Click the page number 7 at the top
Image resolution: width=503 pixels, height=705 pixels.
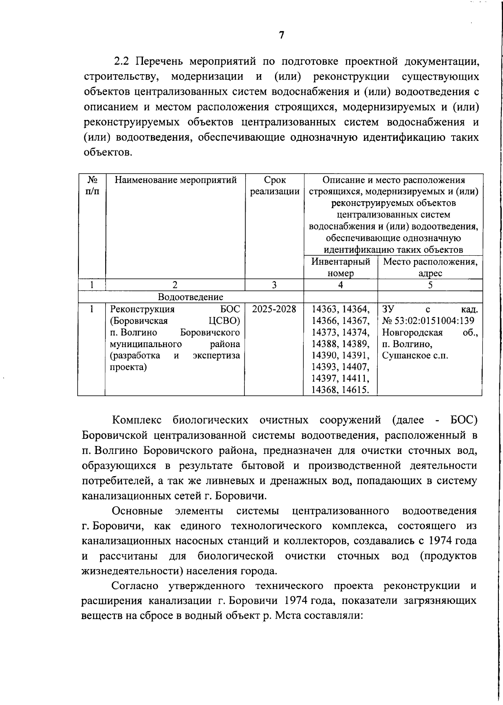[281, 35]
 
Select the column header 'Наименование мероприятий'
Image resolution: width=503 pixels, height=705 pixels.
[175, 180]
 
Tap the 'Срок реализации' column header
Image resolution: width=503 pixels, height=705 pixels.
[275, 186]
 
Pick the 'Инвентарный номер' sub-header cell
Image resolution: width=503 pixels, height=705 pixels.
[340, 267]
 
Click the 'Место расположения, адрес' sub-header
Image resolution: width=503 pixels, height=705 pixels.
[430, 267]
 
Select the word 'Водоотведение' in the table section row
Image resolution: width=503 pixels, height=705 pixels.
[190, 297]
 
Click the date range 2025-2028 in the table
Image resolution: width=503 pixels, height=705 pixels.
[274, 309]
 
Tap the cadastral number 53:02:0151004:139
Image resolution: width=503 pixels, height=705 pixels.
[433, 321]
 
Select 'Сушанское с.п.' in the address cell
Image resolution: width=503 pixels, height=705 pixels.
[415, 356]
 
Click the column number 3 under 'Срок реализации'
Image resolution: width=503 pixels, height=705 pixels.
[274, 285]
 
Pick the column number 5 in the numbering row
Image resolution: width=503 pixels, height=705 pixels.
[430, 285]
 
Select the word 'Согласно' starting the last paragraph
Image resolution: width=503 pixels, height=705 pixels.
[135, 586]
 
